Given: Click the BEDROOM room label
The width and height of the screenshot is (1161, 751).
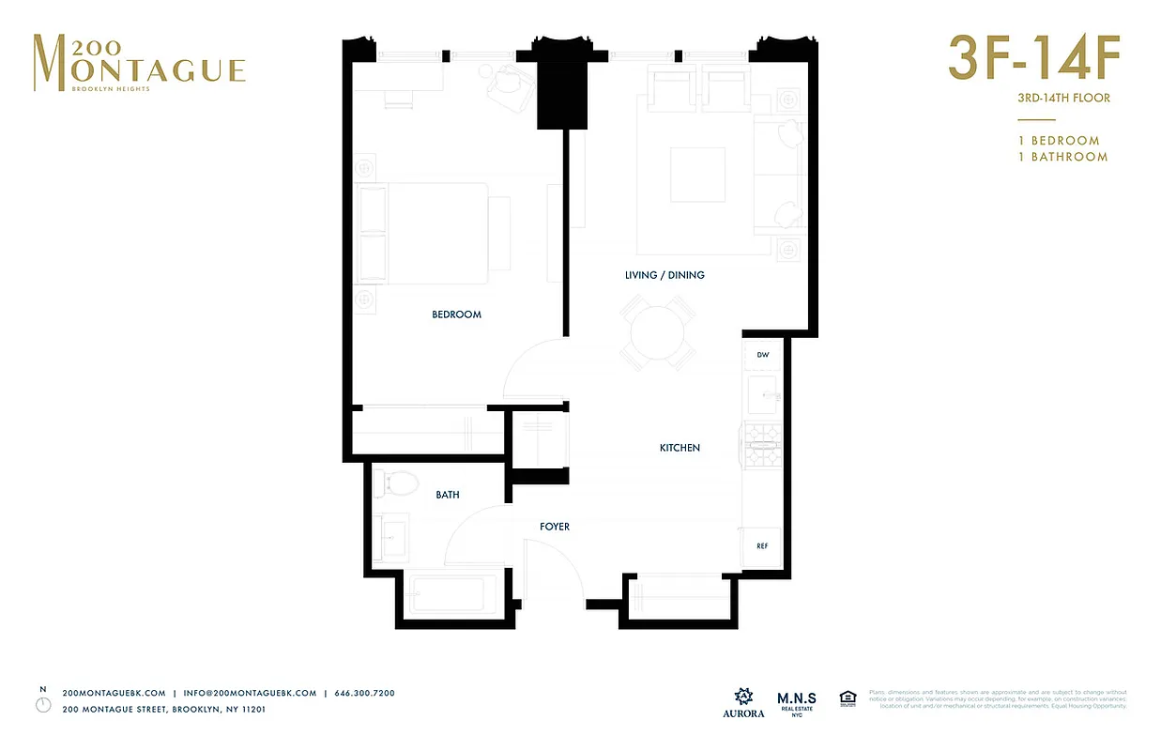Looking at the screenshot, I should pos(456,314).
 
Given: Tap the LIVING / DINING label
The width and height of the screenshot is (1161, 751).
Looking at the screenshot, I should pos(665,275).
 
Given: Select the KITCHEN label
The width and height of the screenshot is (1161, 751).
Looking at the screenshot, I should pos(680,449).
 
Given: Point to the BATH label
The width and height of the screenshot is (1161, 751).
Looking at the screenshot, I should pos(448,495).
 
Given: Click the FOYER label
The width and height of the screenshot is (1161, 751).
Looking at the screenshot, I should pos(555,527).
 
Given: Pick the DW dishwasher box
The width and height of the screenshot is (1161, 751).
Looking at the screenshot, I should pos(762,355).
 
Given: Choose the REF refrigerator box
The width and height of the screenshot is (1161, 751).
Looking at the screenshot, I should pos(762,545).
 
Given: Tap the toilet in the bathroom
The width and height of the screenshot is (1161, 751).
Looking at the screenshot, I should pos(396,484).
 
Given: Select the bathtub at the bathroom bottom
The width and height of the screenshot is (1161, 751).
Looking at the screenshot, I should pos(449,595).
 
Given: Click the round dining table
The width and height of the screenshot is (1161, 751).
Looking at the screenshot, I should pos(658,333).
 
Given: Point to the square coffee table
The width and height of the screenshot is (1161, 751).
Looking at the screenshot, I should pos(697,175).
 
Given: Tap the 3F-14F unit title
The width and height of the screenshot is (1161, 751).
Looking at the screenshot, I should pos(1034,58).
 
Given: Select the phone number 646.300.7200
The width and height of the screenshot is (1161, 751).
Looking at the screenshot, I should pos(364,693).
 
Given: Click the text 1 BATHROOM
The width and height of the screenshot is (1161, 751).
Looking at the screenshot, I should pos(1062,157).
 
